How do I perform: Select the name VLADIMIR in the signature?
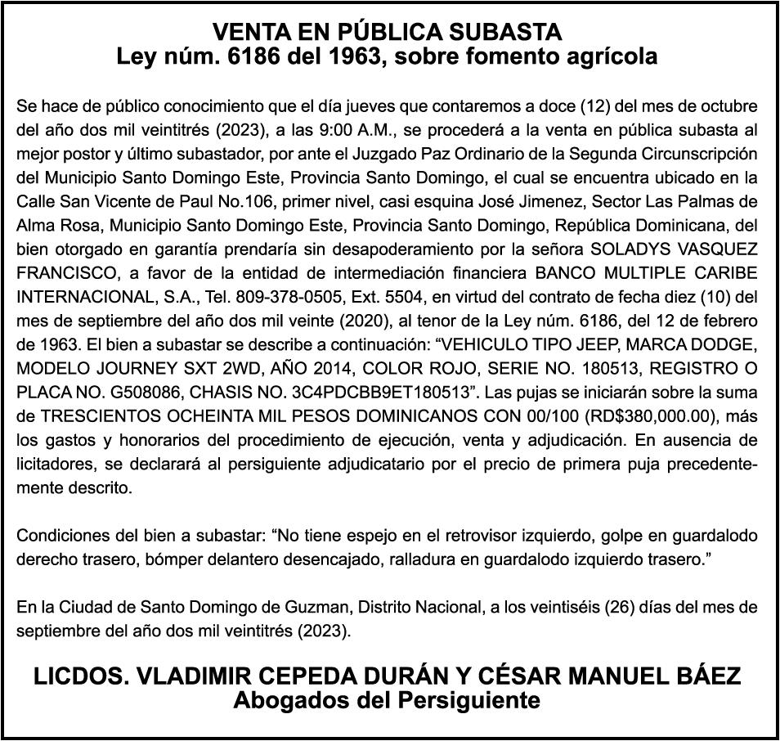pos(184,676)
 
